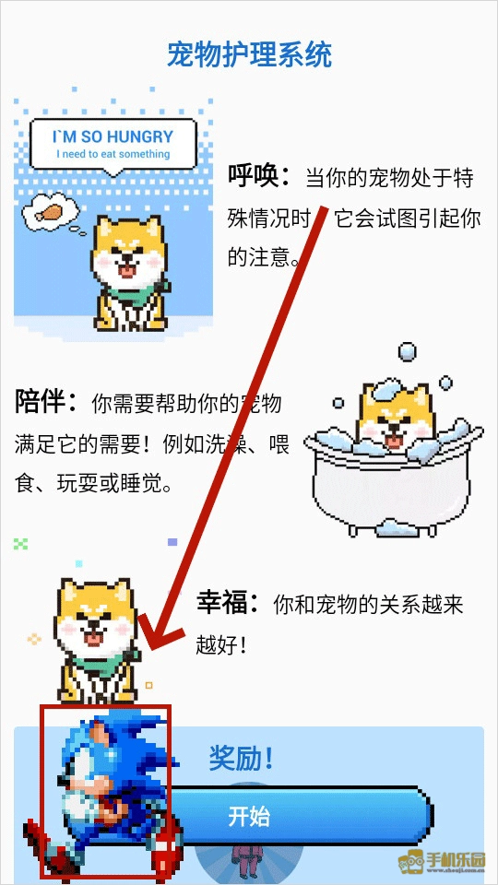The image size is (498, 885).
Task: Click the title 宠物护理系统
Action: tap(249, 54)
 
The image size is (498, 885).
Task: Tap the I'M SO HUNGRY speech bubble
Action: tap(113, 145)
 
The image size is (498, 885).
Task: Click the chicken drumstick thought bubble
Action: tap(51, 213)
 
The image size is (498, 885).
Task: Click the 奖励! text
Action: tap(241, 758)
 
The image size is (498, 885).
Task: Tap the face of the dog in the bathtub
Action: tap(395, 419)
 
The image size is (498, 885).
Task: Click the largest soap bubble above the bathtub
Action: tap(407, 351)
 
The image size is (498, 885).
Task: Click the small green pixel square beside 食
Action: tap(20, 544)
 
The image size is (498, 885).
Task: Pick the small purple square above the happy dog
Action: tap(172, 542)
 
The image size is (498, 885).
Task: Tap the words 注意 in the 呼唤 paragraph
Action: tap(270, 258)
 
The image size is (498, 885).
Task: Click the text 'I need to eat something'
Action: tap(113, 154)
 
